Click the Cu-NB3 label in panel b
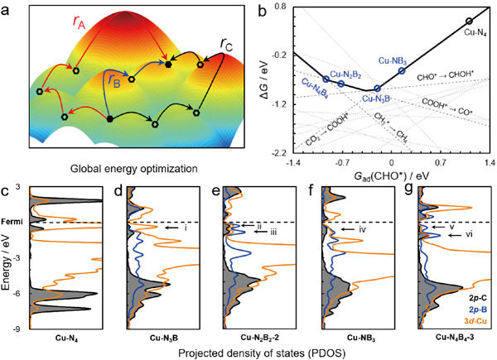click(x=392, y=60)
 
